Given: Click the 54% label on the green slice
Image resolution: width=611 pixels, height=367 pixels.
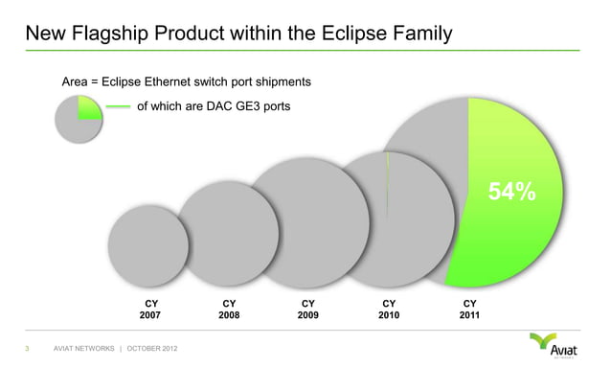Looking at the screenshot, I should pos(511,192).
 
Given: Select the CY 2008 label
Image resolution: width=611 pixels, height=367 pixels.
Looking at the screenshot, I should pos(228,307).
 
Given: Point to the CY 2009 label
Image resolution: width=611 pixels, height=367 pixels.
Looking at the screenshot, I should pos(306,307).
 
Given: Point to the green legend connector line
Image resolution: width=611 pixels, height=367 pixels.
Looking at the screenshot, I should pos(117,106).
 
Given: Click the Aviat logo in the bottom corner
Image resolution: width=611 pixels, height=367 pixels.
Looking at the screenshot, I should pos(556,344).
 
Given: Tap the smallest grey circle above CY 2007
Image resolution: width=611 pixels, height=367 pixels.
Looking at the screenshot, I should pos(148,244).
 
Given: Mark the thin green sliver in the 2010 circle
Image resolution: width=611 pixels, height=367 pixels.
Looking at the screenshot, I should pos(388,182).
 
